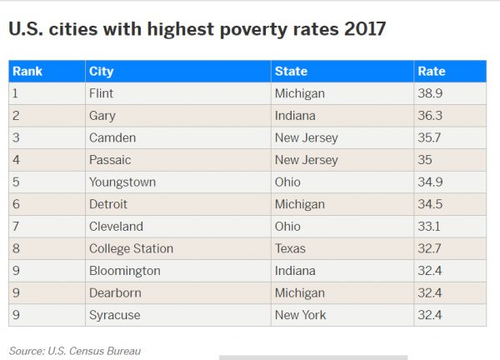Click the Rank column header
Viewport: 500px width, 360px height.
pos(27,72)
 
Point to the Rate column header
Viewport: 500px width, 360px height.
pos(432,72)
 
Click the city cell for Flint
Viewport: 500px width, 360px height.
pos(101,93)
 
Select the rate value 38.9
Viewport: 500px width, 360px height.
pos(431,93)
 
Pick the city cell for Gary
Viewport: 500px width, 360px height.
pos(102,116)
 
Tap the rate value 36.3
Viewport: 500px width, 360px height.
pos(431,116)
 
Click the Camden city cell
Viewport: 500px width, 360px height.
pos(112,137)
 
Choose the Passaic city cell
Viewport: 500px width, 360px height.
pos(110,160)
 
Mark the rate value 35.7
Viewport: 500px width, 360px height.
pos(431,137)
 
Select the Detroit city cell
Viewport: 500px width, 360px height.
pos(108,204)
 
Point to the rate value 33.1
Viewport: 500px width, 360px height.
pos(430,226)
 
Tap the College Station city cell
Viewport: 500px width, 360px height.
pos(131,248)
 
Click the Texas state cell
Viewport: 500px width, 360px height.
pos(290,248)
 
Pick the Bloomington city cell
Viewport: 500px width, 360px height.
pos(124,271)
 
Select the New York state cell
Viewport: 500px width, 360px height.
pos(301,315)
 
